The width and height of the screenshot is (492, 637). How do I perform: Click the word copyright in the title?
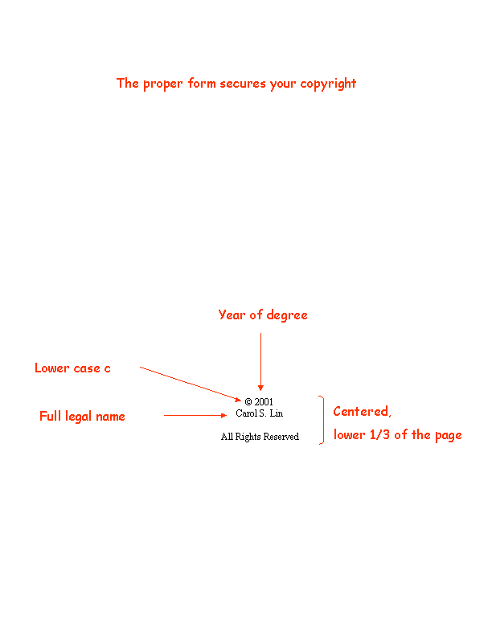click(328, 84)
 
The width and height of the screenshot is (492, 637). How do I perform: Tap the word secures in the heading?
click(240, 84)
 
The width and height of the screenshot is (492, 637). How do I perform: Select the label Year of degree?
click(262, 315)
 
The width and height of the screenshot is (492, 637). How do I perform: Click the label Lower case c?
click(72, 368)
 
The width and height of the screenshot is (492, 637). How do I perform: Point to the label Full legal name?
click(82, 417)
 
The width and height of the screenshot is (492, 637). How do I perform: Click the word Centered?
click(362, 412)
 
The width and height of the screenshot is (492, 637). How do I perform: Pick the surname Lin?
click(277, 413)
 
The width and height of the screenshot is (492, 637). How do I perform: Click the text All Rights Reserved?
click(260, 437)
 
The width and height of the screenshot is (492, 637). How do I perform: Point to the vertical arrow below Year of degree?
click(260, 362)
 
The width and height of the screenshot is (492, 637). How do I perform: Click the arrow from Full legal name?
click(195, 416)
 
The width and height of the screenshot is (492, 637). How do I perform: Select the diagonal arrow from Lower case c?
click(191, 384)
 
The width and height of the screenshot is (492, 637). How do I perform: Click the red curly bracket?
click(322, 421)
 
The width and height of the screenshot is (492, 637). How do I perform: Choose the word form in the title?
click(197, 84)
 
